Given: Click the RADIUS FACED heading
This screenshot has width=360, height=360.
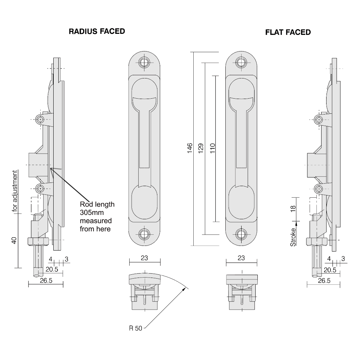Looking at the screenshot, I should tap(96, 32).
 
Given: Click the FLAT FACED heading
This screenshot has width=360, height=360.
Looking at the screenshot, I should tap(288, 32).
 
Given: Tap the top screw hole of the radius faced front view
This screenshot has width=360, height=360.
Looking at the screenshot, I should tap(144, 62).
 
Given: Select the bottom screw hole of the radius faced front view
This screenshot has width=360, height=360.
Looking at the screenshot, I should tap(144, 234).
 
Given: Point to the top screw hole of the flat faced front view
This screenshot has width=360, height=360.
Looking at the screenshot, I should tap(242, 62).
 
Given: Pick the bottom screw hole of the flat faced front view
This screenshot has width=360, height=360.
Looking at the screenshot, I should tap(242, 234).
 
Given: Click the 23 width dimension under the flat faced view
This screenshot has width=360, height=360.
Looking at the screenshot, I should tap(242, 258).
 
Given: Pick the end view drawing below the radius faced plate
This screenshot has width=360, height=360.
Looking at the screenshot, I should tap(144, 292).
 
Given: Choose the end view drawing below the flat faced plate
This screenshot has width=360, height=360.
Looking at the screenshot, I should tap(242, 292).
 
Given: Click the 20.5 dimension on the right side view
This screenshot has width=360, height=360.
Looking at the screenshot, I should tap(330, 270).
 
